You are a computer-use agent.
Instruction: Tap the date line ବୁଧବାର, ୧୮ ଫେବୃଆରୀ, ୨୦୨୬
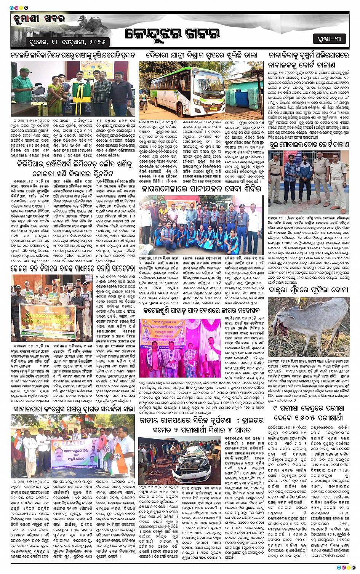pos(67,41)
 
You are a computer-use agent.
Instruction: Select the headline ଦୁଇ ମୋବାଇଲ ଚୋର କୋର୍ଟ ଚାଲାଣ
pos(308,145)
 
